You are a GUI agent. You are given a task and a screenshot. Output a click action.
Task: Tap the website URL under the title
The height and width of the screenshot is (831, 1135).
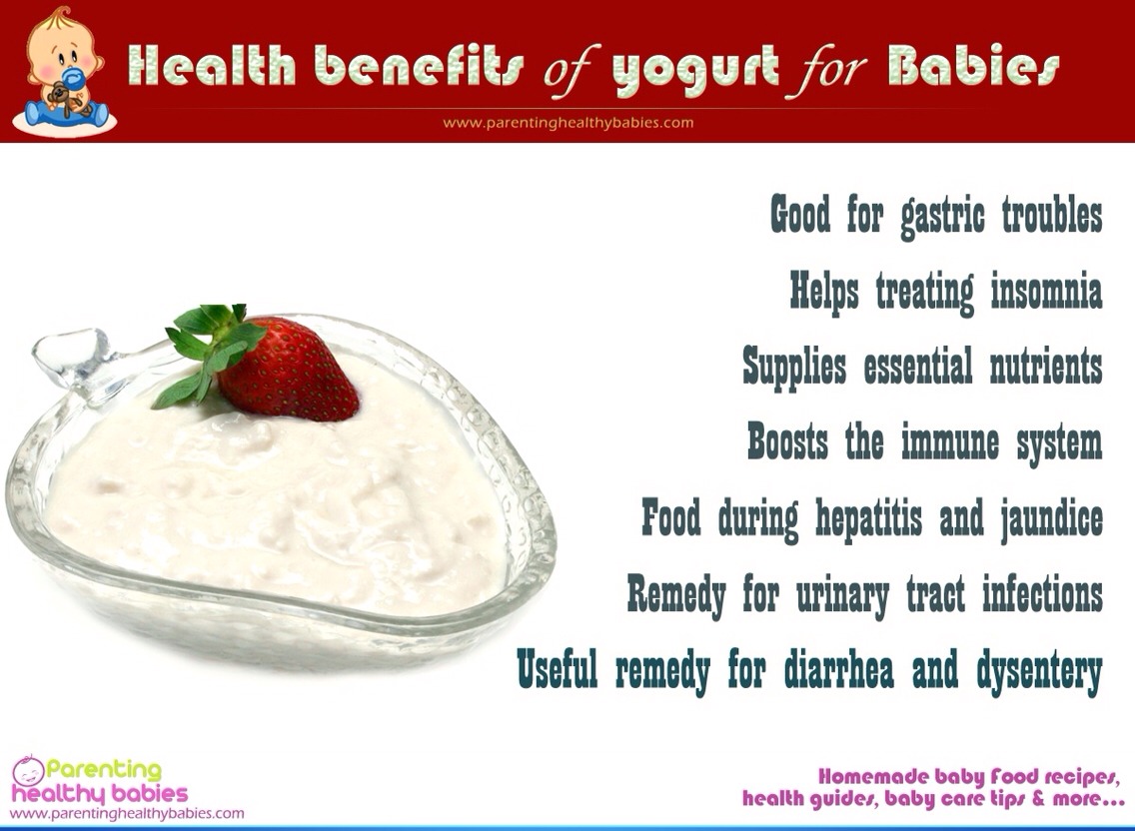567,123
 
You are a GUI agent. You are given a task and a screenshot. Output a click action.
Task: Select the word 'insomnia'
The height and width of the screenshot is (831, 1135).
1046,292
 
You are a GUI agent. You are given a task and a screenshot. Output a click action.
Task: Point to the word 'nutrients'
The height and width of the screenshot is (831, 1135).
1046,367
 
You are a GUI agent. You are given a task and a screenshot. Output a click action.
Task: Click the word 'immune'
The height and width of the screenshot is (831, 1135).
948,441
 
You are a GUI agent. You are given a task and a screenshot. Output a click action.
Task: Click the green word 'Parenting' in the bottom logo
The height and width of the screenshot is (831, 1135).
104,770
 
